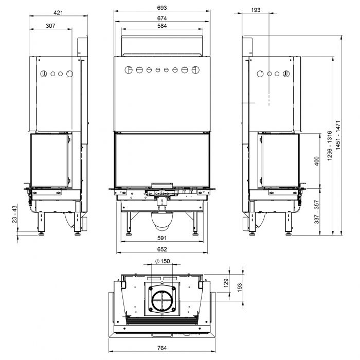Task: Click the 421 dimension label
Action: [58, 13]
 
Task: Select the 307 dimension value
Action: [50, 26]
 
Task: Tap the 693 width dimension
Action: [162, 8]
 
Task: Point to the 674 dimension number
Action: [162, 18]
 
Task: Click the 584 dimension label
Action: [162, 26]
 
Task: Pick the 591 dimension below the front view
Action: [162, 238]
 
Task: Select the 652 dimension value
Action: [162, 249]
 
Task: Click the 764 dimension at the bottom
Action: [162, 348]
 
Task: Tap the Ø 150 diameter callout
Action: [163, 261]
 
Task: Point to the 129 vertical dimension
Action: [226, 283]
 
